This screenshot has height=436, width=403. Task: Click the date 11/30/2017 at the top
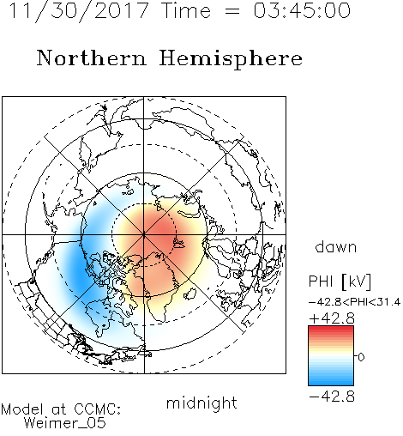[x=79, y=11]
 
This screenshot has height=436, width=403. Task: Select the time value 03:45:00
[x=302, y=10]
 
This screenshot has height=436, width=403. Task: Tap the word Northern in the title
[x=92, y=58]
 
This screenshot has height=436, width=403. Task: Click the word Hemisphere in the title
[x=231, y=59]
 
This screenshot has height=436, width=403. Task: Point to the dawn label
[x=336, y=246]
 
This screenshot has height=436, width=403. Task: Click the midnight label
[x=201, y=403]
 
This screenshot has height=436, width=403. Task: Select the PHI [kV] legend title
[x=340, y=282]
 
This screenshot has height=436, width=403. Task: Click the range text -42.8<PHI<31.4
[x=354, y=302]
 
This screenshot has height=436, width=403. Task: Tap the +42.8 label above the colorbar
[x=332, y=318]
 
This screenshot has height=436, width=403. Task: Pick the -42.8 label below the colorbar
[x=332, y=397]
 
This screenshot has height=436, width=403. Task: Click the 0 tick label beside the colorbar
[x=361, y=357]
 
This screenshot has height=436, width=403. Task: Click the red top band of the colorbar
[x=331, y=330]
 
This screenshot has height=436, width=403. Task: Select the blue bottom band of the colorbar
[x=331, y=381]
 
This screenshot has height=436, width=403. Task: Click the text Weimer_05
[x=65, y=423]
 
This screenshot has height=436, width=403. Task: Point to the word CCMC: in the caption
[x=98, y=409]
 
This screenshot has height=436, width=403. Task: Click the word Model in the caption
[x=22, y=409]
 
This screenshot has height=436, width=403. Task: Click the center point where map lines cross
[x=144, y=234]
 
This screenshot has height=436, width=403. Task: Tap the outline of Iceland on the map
[x=190, y=294]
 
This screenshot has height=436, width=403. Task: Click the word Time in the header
[x=186, y=10]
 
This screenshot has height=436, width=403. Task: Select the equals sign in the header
[x=232, y=11]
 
